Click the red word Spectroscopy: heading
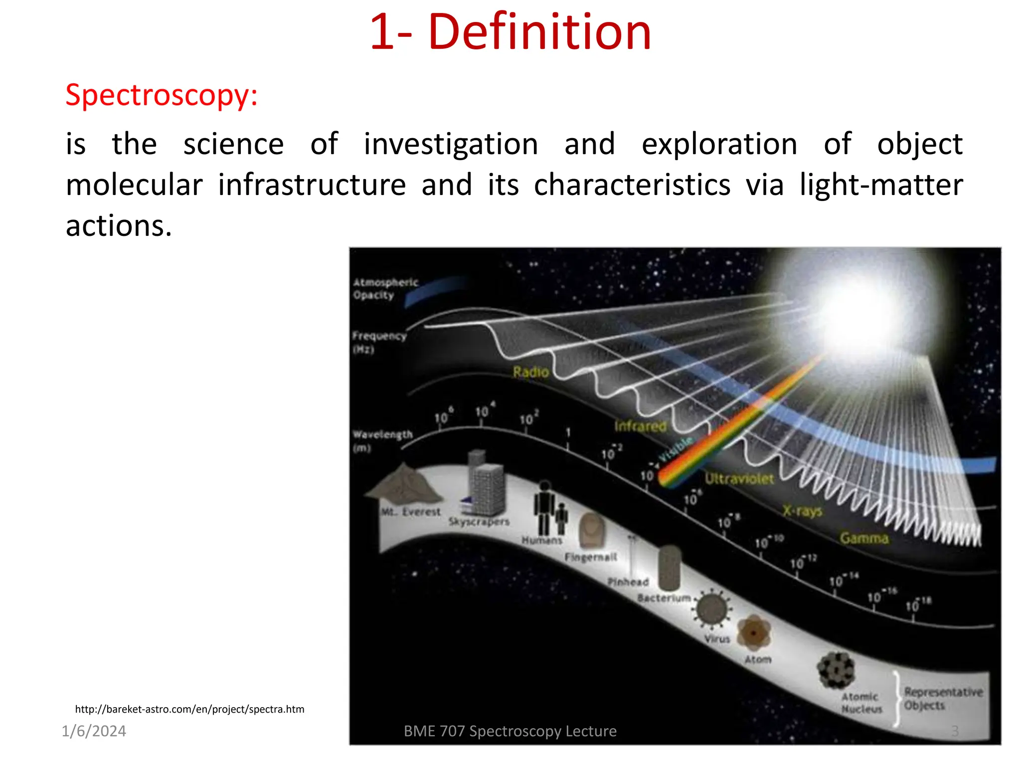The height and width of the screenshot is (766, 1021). pos(162,95)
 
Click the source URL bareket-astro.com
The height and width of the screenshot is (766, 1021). pos(189,709)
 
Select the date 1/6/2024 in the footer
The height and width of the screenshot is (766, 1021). pos(94,731)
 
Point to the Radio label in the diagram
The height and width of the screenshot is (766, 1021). pos(530,372)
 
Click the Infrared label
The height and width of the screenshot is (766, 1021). pos(640,426)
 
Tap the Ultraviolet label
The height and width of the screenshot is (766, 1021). pos(739,479)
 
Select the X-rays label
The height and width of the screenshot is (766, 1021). pos(802,511)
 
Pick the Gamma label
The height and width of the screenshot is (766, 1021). pos(864,538)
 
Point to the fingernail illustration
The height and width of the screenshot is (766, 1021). pos(592,531)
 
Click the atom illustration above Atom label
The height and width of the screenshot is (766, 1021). pos(753,633)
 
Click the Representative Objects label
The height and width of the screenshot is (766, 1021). pos(942,699)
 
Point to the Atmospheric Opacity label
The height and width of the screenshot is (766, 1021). pos(385,289)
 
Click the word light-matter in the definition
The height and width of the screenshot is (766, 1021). pos(881,185)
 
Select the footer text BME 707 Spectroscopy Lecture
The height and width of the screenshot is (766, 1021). pos(510,731)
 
